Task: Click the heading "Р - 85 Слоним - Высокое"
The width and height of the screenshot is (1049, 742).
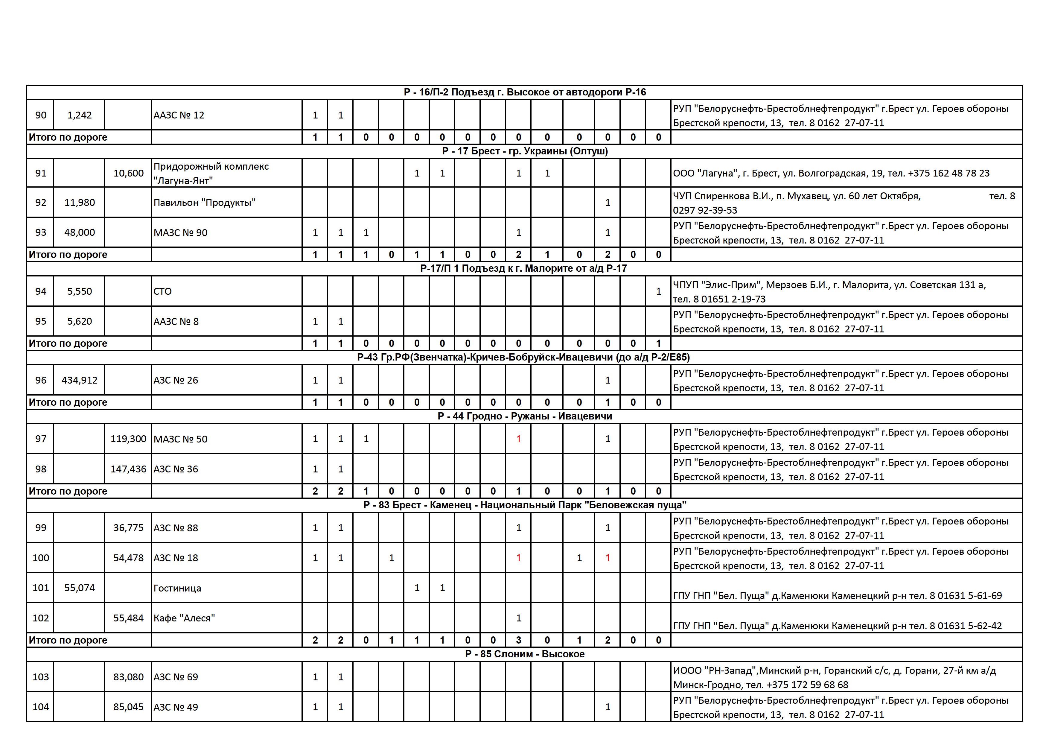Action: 525,654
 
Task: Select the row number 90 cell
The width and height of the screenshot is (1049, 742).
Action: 41,115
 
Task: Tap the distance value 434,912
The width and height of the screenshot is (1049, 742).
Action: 80,380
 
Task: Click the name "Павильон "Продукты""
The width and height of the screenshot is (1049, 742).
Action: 205,203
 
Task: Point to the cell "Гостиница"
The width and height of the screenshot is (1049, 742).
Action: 177,588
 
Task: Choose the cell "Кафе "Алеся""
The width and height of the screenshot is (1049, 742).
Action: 184,618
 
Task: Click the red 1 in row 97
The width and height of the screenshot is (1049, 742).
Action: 518,439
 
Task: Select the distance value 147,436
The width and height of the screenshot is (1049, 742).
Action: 128,469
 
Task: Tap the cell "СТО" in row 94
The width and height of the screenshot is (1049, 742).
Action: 163,291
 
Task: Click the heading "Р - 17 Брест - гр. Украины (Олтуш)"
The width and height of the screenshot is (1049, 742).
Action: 525,151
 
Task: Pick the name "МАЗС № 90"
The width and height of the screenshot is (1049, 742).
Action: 180,232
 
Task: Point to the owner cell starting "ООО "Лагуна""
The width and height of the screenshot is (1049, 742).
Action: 831,173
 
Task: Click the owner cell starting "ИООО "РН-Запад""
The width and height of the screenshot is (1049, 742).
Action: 834,677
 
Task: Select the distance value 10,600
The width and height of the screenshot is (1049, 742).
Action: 128,173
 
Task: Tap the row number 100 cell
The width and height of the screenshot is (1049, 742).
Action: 41,558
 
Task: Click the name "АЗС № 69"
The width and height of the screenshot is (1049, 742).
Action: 176,677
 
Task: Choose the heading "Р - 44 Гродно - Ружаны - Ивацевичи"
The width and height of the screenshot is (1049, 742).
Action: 525,416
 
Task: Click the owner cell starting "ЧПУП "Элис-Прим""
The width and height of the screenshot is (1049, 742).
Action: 829,291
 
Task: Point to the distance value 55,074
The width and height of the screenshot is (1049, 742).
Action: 80,588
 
